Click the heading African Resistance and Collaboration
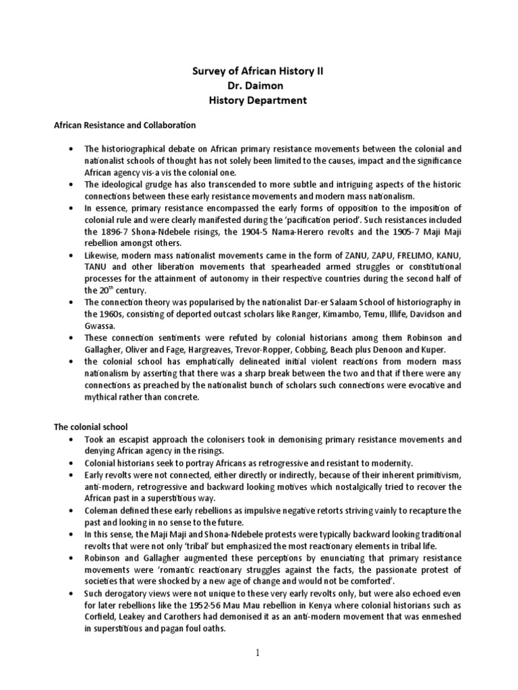(124, 125)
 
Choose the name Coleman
(102, 511)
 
